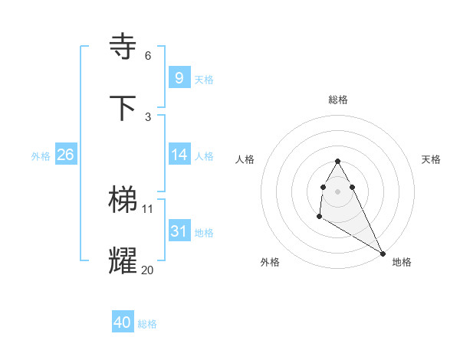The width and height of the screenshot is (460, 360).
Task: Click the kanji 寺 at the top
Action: coord(123,46)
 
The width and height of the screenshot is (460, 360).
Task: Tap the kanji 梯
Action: coord(123,199)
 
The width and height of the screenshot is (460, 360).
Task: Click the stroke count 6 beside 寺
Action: coord(148,56)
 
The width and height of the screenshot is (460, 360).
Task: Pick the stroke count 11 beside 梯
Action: coord(148,208)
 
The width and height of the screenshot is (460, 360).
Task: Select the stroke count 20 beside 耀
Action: coord(148,270)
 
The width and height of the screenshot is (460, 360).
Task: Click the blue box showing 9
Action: coord(179,77)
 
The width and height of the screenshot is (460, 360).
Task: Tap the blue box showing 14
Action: coord(179,154)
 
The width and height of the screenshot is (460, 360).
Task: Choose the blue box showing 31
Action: coord(179,231)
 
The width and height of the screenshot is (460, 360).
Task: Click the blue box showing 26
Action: coord(65,154)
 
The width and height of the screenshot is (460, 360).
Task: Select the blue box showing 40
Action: coord(123,322)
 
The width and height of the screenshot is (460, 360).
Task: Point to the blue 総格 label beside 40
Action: coord(147,324)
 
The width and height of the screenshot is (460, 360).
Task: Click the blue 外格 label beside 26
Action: coord(41,155)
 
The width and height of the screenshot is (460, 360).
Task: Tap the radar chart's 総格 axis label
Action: coord(338,100)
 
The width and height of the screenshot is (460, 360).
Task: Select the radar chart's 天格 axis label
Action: coord(431,159)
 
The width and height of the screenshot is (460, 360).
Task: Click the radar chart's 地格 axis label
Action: coord(402,262)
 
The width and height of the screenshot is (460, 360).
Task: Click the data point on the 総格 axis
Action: coord(338,162)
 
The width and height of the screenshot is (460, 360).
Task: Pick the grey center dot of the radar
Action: coord(338,191)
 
